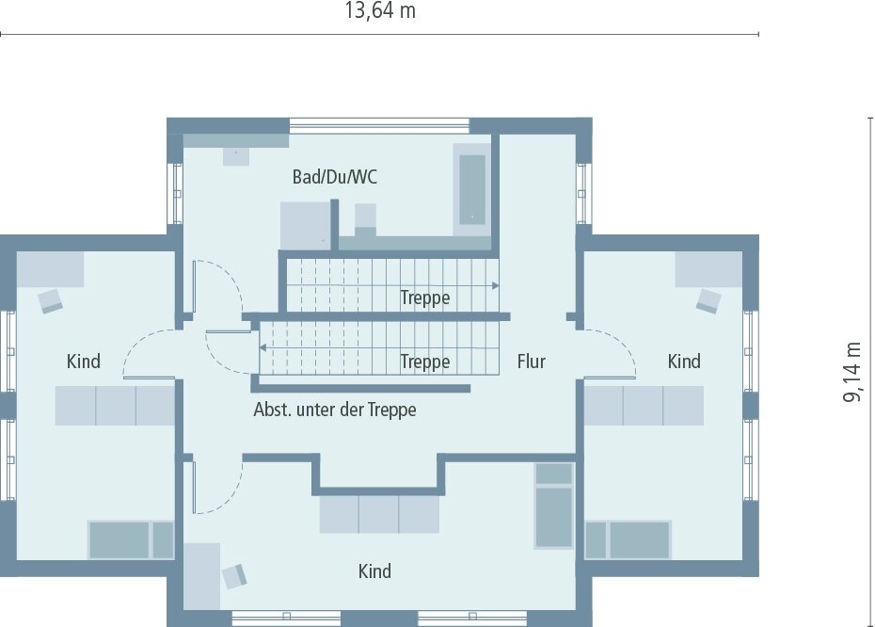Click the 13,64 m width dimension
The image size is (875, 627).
[x=380, y=11]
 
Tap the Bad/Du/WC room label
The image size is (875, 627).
[x=335, y=177]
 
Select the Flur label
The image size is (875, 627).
[x=531, y=362]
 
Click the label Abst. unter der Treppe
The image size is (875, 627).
[x=335, y=410]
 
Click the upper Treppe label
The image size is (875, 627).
[x=425, y=298]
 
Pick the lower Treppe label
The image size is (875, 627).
[x=425, y=362]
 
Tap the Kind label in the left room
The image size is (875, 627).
[x=84, y=362]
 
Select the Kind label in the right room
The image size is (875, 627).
[x=684, y=362]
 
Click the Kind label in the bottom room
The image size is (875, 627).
[x=374, y=571]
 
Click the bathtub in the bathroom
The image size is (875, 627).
[x=471, y=189]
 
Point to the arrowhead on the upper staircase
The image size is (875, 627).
[x=495, y=284]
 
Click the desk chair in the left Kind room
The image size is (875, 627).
[x=50, y=300]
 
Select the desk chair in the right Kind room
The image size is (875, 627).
[x=708, y=300]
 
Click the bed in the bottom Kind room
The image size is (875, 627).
[x=554, y=506]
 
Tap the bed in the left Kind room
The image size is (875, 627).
[x=131, y=540]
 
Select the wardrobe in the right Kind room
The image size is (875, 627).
[x=644, y=406]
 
